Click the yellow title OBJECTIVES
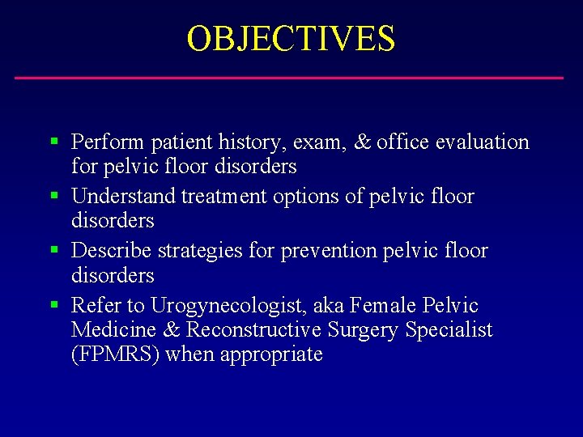click(291, 38)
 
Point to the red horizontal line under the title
click(289, 78)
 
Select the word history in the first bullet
click(242, 143)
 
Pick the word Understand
click(124, 197)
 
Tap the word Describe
click(112, 251)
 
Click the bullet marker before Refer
click(53, 305)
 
